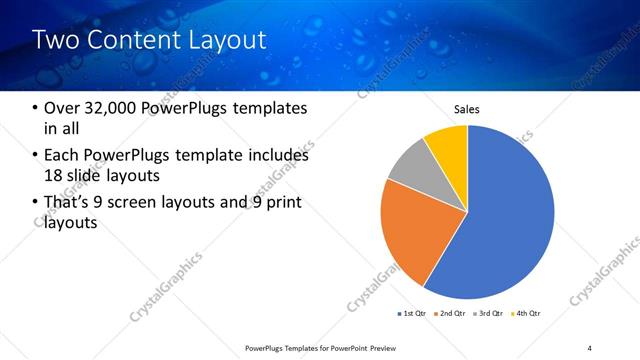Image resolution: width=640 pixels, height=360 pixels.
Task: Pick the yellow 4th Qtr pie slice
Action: [x=448, y=145]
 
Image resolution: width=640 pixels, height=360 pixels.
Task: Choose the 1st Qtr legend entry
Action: [x=410, y=315]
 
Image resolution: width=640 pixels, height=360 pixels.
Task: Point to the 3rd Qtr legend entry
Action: [x=487, y=315]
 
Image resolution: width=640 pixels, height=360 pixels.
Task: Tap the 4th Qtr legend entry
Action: [x=526, y=315]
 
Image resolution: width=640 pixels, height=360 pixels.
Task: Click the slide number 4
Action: [x=589, y=347]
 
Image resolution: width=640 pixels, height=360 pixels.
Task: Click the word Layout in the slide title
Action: [x=226, y=41]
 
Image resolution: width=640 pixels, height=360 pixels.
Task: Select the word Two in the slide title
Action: [x=55, y=41]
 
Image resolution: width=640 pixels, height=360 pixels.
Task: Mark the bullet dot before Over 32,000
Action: [x=36, y=109]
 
